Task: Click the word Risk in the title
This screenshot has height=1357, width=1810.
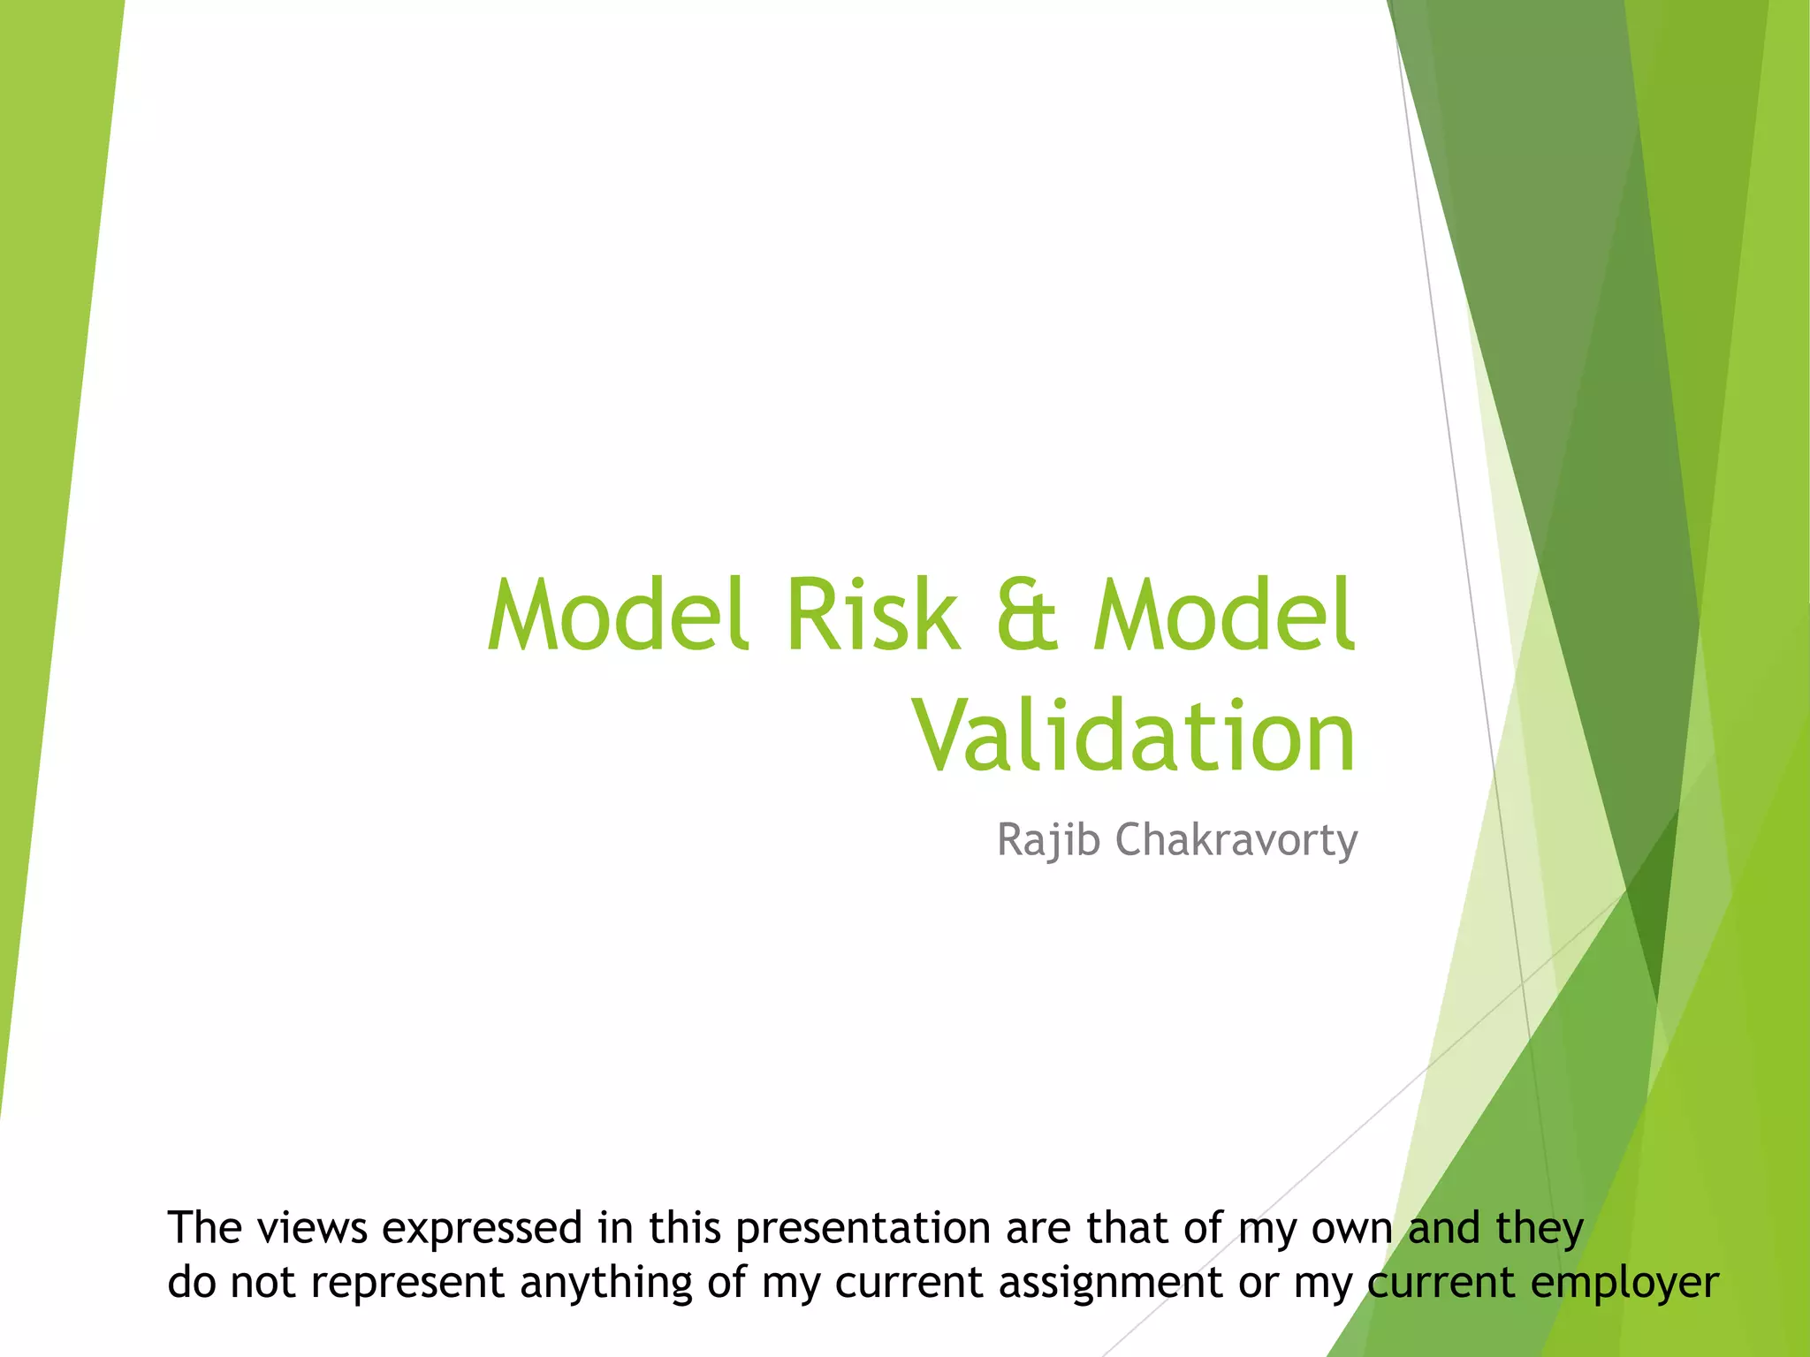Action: coord(871,615)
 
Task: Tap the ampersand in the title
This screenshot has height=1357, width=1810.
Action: coord(1026,615)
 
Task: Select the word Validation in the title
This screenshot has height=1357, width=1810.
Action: coord(1134,737)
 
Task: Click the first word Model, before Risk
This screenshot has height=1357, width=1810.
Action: coord(619,615)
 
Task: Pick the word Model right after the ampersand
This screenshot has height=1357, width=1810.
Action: coord(1224,615)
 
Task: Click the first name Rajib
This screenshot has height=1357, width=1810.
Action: coord(1049,839)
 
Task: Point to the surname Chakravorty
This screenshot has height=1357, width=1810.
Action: coord(1236,839)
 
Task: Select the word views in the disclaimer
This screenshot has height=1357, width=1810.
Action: coord(314,1228)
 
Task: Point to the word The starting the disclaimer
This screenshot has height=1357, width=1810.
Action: coord(202,1228)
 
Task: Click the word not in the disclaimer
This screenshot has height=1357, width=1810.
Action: coord(262,1283)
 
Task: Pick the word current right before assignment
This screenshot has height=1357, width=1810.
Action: coord(909,1283)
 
